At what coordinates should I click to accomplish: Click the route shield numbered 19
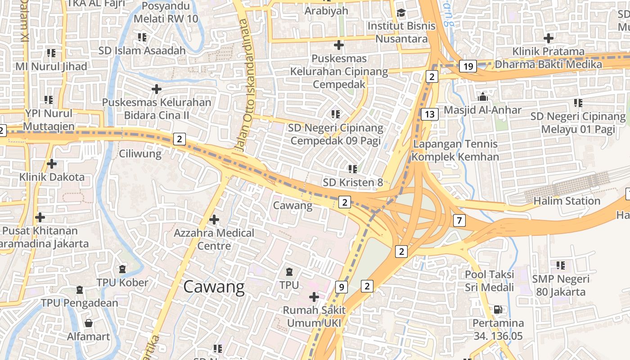(x=468, y=67)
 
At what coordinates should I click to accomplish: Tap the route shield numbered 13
(x=430, y=114)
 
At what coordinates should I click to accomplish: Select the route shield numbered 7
(x=459, y=220)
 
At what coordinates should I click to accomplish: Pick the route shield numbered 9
(x=342, y=287)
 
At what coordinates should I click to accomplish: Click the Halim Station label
(x=567, y=201)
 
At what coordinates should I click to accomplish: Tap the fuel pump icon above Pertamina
(x=498, y=309)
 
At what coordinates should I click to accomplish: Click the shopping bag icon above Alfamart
(x=89, y=323)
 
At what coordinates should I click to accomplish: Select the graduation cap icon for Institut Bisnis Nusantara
(x=401, y=13)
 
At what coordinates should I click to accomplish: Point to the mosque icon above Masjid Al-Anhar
(x=482, y=97)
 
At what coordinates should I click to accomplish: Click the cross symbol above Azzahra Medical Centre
(x=214, y=220)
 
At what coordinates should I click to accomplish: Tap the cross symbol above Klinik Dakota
(x=52, y=163)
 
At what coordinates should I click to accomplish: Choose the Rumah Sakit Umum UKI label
(x=314, y=316)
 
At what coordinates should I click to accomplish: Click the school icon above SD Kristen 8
(x=352, y=169)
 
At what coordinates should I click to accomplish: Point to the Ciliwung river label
(x=140, y=154)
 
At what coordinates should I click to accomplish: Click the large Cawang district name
(x=214, y=287)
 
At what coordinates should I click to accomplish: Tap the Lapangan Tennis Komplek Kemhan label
(x=455, y=150)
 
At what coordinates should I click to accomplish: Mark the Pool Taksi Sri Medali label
(x=489, y=281)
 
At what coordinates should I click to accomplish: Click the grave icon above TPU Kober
(x=122, y=269)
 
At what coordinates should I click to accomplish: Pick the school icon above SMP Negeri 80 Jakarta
(x=560, y=265)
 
